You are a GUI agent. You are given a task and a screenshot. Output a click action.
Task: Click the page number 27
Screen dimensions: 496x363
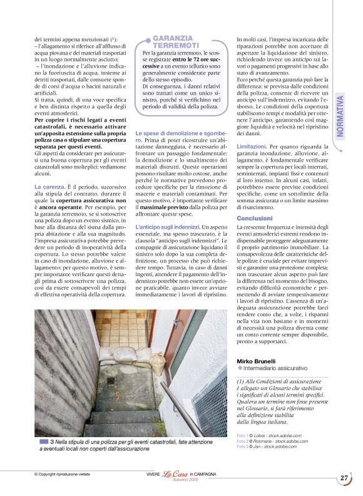(x=344, y=477)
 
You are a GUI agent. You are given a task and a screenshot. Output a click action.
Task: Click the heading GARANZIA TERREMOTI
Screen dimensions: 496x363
(x=176, y=42)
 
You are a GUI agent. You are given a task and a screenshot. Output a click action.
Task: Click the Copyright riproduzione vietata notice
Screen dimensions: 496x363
(x=62, y=474)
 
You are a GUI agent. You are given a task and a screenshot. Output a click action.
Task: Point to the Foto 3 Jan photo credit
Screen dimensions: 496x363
(x=266, y=446)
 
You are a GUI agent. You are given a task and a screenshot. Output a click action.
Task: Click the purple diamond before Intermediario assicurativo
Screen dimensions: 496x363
(x=240, y=368)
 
